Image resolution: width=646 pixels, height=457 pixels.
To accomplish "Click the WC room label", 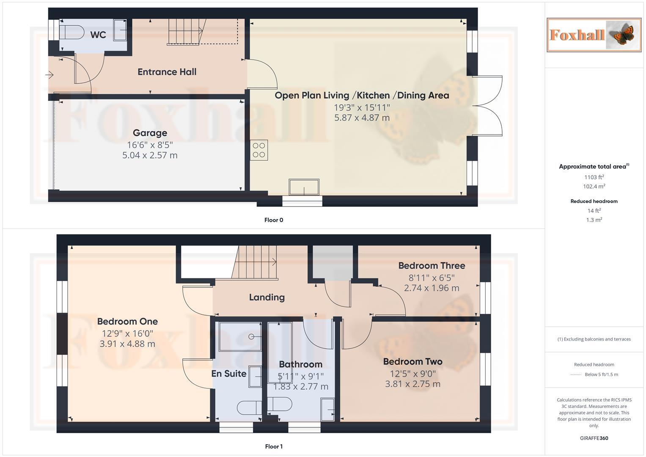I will (x=98, y=35).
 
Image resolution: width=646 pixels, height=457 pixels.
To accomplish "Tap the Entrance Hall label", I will (x=167, y=72).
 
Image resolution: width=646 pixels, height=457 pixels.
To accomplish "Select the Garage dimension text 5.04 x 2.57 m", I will (x=150, y=155).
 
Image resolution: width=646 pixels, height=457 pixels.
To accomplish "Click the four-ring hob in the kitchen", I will (x=259, y=150).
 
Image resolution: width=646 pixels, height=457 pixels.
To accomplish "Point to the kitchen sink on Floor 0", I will (x=304, y=187).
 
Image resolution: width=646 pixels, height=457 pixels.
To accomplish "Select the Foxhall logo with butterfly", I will (x=594, y=35).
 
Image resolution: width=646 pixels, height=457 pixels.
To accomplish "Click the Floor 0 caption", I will (x=273, y=220).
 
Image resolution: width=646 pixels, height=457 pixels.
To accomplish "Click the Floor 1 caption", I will (x=273, y=446).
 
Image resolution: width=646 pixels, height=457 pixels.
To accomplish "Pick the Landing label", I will (x=267, y=297).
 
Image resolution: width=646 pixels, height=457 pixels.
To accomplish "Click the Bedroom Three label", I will (x=432, y=266).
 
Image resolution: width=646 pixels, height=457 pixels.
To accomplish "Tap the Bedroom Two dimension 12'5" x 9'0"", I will (x=412, y=374).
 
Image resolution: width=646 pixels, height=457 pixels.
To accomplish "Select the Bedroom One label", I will (x=127, y=322).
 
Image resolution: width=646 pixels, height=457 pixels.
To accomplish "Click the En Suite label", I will (x=228, y=374).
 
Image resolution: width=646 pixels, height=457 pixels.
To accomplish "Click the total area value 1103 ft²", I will (x=594, y=177).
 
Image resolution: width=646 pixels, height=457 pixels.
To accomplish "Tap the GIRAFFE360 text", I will (x=594, y=438).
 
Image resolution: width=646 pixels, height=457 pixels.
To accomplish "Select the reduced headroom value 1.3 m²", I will (x=594, y=220).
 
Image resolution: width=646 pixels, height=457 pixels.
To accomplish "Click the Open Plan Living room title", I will (x=362, y=96).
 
